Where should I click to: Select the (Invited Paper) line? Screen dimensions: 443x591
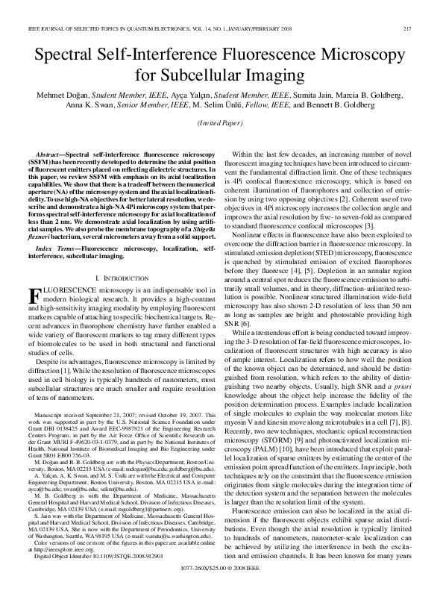pos(221,122)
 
